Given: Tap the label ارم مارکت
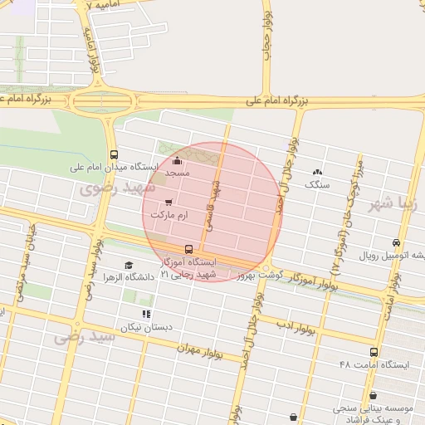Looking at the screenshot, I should (170, 214).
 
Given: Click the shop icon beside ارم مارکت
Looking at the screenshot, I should (170, 202).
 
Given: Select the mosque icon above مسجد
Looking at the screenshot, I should (177, 161).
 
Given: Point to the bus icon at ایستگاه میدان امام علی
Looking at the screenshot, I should (114, 154).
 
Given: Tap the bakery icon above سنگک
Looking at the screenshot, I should (318, 173).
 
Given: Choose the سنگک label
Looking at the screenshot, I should (317, 184).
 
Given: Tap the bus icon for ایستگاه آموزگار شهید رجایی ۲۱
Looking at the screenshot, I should (189, 248).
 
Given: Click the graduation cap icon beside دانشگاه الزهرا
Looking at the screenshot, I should (129, 265).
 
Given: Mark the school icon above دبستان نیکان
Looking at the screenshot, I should (146, 314).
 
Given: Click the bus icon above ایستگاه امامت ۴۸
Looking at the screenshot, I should (374, 353).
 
